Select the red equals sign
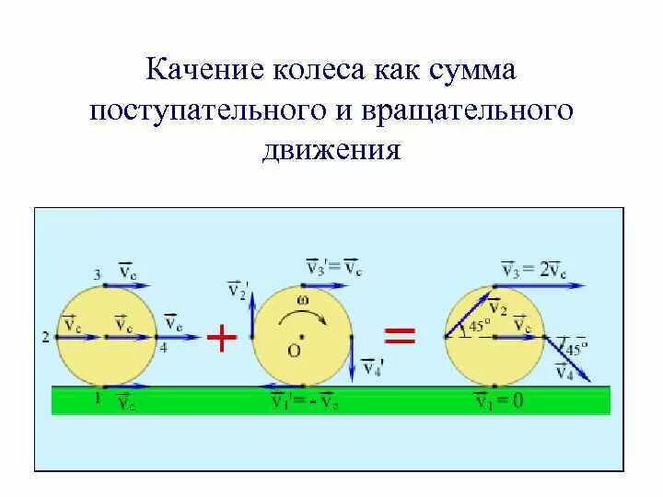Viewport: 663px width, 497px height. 399,337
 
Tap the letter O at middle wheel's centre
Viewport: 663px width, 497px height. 293,351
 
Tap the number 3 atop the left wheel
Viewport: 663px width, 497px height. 97,273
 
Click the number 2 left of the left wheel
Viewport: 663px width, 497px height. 45,337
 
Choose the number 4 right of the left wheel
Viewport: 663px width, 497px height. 163,347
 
